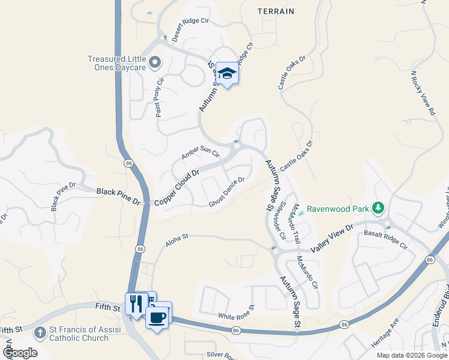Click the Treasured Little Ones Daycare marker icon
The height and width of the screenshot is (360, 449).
(x=155, y=62)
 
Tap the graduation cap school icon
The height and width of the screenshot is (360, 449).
(x=227, y=74)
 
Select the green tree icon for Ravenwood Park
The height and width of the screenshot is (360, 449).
(x=378, y=209)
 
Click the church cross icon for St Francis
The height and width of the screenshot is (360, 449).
(x=40, y=332)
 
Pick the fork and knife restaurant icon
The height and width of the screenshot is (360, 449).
(x=136, y=303)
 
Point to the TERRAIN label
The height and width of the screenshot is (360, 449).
(x=276, y=11)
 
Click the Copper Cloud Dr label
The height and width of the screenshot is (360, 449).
(x=176, y=187)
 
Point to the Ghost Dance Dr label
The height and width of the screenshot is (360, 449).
(x=226, y=192)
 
